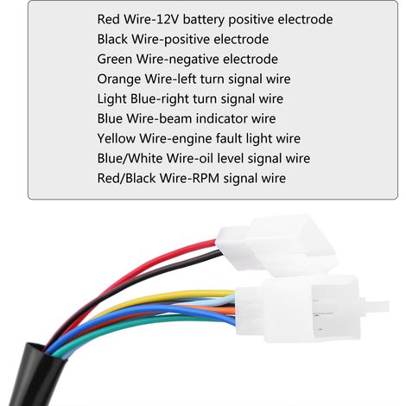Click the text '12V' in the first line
coord(169,20)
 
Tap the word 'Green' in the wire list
coord(114,59)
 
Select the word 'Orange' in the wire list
coord(118,79)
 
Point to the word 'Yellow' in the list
coord(116,138)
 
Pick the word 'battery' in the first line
coord(203,20)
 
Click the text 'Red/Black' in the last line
coord(126,178)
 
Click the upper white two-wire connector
coord(276,244)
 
